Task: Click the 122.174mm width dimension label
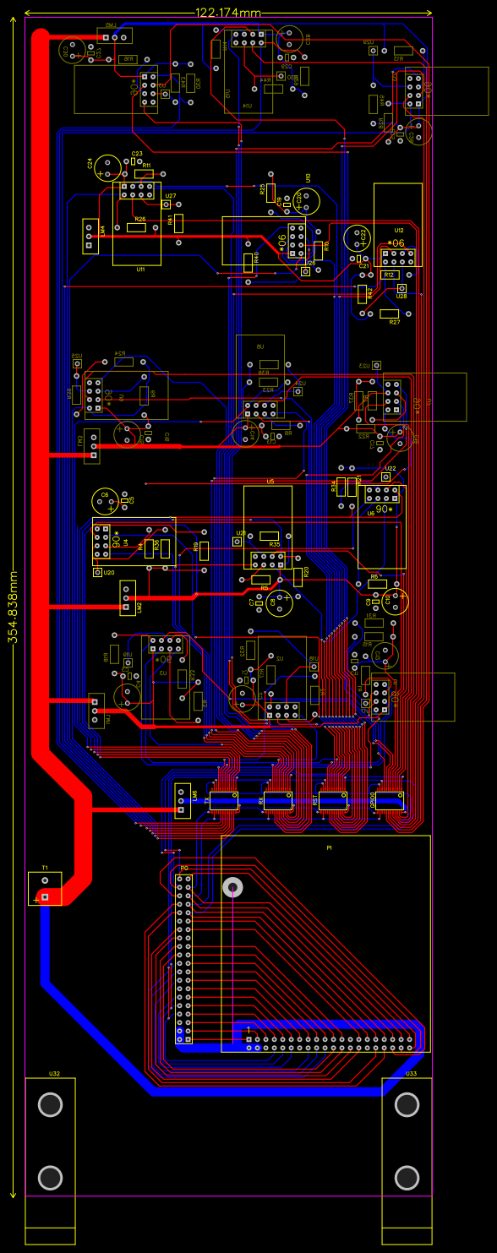tap(228, 13)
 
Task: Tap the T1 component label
tap(44, 868)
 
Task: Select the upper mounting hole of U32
tap(51, 1104)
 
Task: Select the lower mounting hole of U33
tap(407, 1177)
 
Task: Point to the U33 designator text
tap(411, 1074)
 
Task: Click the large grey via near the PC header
tap(232, 886)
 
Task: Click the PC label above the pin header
tap(183, 869)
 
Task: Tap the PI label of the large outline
tap(329, 847)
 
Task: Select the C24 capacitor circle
tap(107, 166)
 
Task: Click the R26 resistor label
tap(140, 219)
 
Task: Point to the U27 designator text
tap(171, 195)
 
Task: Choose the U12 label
tap(399, 230)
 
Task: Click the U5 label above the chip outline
tap(270, 482)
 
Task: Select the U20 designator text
tap(109, 572)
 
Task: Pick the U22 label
tap(390, 468)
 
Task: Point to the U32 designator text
tap(54, 1074)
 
